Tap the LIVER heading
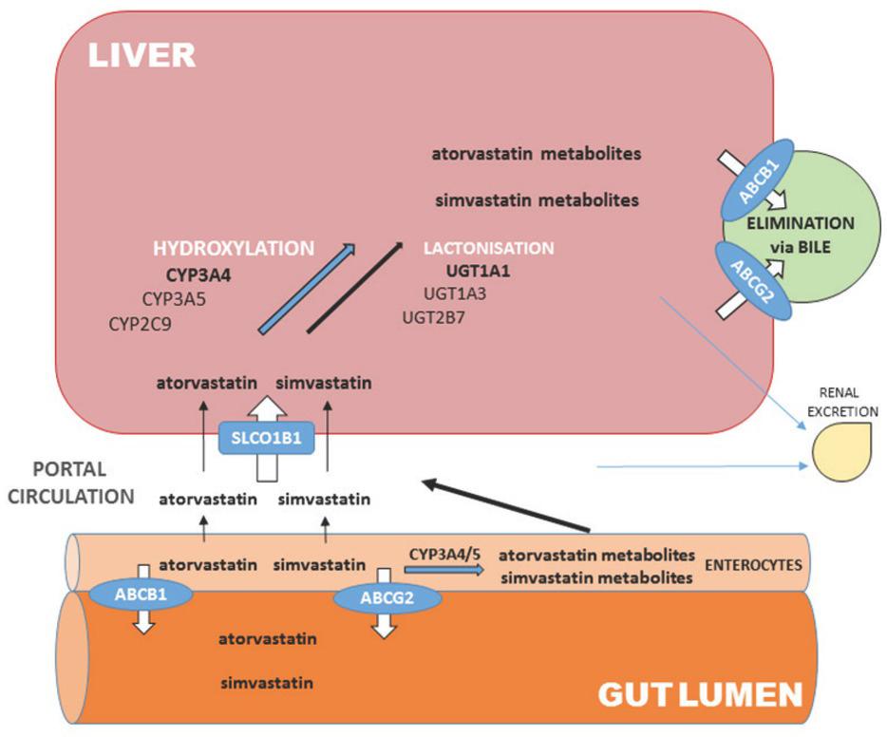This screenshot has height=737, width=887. click(142, 54)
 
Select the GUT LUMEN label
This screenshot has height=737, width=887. click(700, 695)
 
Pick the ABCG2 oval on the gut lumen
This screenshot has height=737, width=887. click(387, 598)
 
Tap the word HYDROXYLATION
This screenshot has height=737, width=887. click(234, 248)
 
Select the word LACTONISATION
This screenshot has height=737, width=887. click(488, 248)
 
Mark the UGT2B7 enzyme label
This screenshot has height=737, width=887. click(433, 316)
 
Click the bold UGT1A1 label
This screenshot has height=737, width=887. click(479, 271)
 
